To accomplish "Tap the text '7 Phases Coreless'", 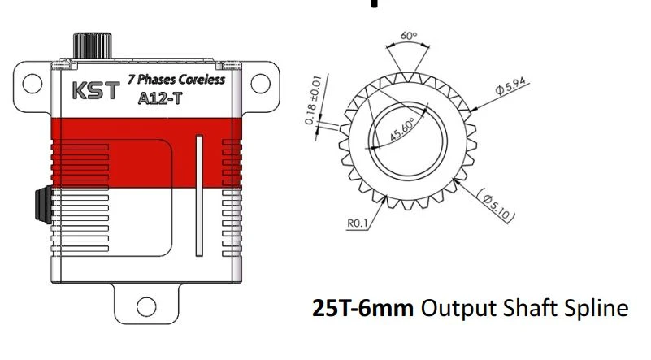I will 176,80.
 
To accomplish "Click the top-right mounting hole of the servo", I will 261,82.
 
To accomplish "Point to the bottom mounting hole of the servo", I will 146,306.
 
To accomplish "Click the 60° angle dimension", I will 408,37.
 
